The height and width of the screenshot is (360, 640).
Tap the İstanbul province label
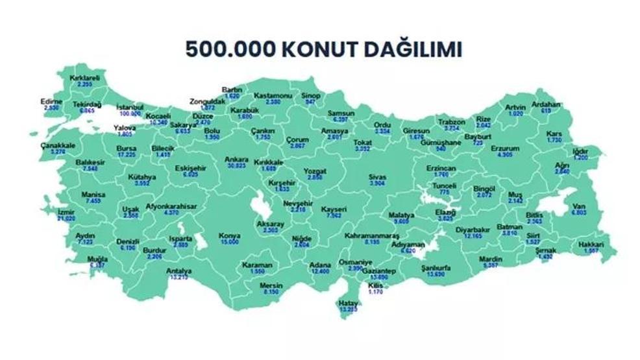(x=130, y=106)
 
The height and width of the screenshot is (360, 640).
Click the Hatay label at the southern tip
(x=348, y=303)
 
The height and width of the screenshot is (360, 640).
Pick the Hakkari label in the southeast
(x=591, y=245)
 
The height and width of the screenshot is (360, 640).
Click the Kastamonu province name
(x=268, y=95)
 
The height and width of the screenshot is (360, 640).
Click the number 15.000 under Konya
(x=230, y=241)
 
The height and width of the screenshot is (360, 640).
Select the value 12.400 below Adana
(x=320, y=272)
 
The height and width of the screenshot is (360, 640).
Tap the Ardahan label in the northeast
(x=546, y=104)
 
